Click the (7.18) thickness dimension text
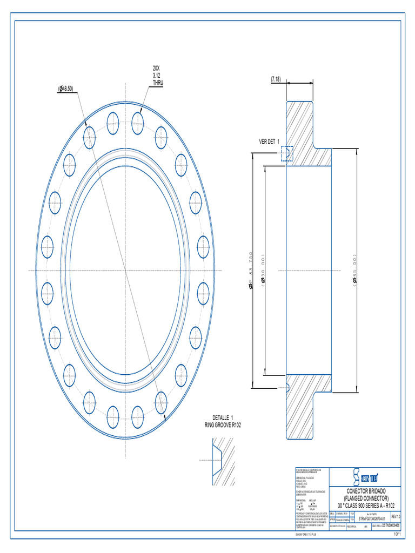point(276,79)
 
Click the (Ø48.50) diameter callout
point(66,89)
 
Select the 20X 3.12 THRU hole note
point(156,76)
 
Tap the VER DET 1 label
point(269,141)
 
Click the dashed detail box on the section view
point(286,153)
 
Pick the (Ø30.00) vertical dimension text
point(264,270)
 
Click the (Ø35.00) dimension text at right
point(355,270)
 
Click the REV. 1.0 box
point(395,517)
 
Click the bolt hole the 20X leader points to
point(137,119)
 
